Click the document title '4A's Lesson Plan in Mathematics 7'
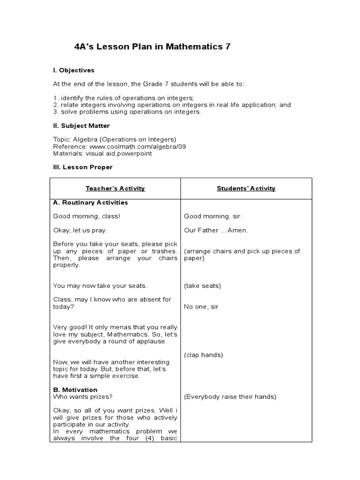click(x=152, y=47)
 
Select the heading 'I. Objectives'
click(x=74, y=70)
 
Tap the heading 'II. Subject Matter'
click(x=82, y=126)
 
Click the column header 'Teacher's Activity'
click(x=115, y=188)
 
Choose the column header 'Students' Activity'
click(x=246, y=188)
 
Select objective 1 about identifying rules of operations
click(x=117, y=98)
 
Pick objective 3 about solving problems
click(x=127, y=112)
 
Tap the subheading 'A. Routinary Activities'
click(x=90, y=202)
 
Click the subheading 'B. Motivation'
click(x=75, y=390)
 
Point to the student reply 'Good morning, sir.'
click(x=213, y=216)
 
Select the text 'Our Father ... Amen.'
click(x=216, y=230)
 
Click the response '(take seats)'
click(x=202, y=285)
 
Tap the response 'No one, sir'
click(x=201, y=307)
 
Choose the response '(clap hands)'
click(x=203, y=355)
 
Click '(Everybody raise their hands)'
click(x=230, y=397)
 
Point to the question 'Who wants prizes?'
click(x=82, y=397)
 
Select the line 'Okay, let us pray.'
click(x=80, y=230)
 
